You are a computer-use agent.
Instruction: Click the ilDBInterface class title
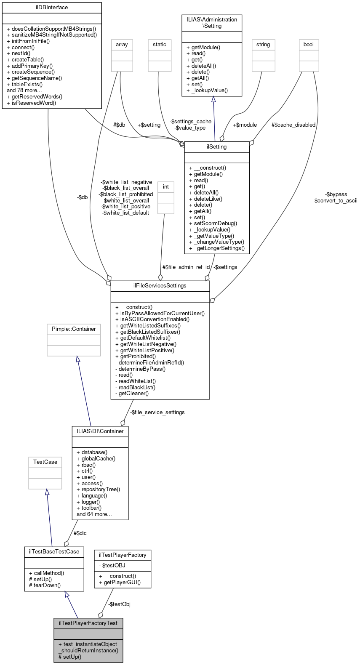pos(52,8)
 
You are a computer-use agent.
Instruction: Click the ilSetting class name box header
pos(217,147)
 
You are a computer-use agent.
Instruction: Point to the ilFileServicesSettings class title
pos(160,286)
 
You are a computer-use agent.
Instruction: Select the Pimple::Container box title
pos(74,329)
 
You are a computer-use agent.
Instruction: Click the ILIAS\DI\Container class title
pos(100,431)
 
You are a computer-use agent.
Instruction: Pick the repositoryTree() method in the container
pos(101,489)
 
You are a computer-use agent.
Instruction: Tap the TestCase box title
pos(45,462)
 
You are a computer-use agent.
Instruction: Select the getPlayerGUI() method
pos(122,583)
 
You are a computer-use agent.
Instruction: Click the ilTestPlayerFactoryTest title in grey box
pos(88,623)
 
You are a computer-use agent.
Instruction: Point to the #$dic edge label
pos(80,533)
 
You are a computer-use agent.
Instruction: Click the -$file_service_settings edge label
pos(157,412)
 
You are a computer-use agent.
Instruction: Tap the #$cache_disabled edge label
pos(293,125)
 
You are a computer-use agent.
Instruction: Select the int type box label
pos(166,187)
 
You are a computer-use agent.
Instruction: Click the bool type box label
pos(309,45)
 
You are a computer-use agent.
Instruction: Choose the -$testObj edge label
pos(119,604)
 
